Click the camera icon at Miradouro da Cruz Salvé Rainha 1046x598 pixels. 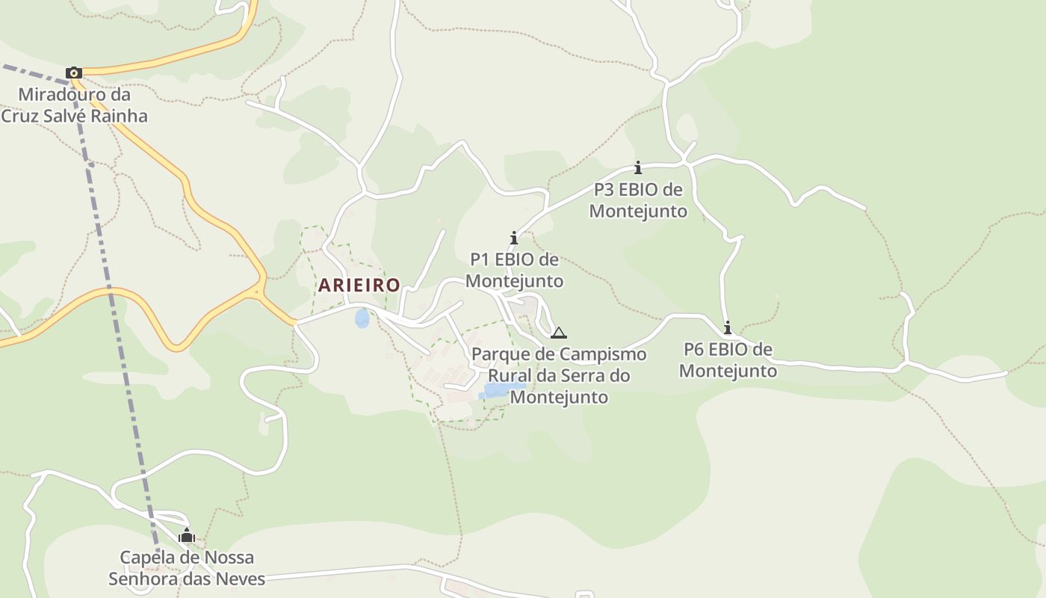click(73, 73)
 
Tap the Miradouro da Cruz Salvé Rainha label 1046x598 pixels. click(74, 105)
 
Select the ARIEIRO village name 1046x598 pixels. click(359, 285)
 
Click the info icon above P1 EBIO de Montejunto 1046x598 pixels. click(514, 238)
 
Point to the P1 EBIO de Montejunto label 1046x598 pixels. click(514, 270)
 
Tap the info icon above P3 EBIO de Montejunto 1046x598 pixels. click(638, 167)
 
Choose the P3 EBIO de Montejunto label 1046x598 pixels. click(638, 200)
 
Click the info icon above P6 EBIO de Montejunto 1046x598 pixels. click(728, 327)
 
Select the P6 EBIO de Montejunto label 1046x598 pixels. click(728, 360)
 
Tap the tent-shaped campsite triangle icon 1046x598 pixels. click(559, 333)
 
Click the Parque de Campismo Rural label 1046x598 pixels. click(559, 374)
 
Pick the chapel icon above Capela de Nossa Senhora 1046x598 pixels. click(187, 535)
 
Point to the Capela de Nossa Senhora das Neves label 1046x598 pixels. click(187, 568)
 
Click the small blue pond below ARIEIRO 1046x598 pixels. click(362, 319)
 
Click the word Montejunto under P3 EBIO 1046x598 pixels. click(638, 211)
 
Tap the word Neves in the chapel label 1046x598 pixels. click(241, 579)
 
